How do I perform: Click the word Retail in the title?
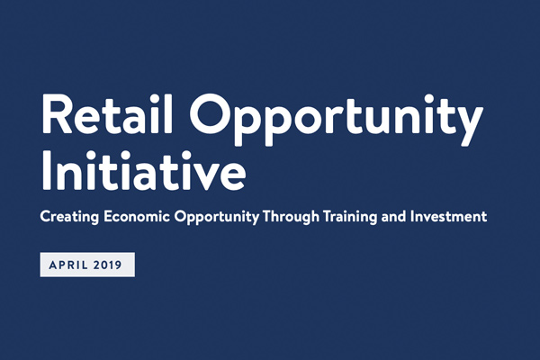click(x=107, y=113)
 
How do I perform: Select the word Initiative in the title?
click(x=144, y=170)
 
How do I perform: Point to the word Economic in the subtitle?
click(x=137, y=217)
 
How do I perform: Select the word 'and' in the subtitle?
click(x=393, y=217)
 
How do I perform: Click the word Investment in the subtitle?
click(x=449, y=217)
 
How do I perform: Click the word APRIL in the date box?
click(x=68, y=265)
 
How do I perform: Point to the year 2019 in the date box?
click(x=107, y=265)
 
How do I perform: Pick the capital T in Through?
click(x=268, y=217)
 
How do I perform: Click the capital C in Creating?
click(x=46, y=217)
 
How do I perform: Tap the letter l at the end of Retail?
click(x=169, y=113)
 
